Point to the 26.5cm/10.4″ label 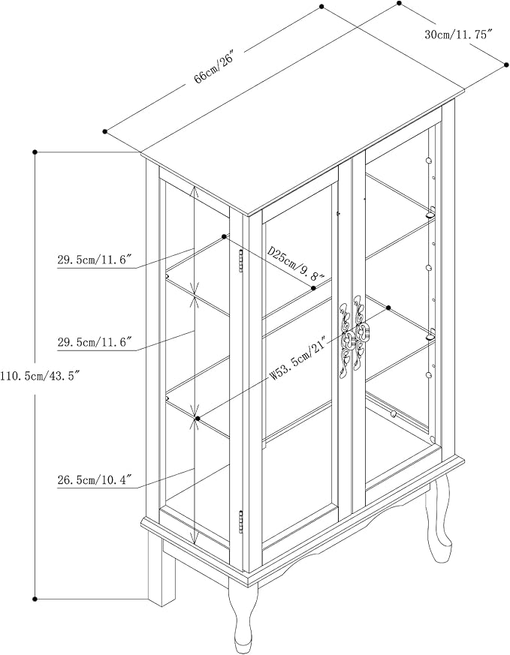(x=95, y=480)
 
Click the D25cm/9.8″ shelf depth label (x=296, y=264)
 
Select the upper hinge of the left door (x=241, y=261)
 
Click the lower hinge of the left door (x=241, y=521)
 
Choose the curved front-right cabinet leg (x=438, y=518)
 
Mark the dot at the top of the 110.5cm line (x=35, y=152)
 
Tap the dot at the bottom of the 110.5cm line (x=35, y=599)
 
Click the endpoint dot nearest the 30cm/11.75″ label (x=400, y=3)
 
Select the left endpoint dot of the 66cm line (x=105, y=131)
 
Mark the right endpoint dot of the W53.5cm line (x=388, y=308)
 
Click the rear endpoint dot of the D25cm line (x=225, y=236)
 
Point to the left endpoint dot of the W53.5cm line (x=198, y=418)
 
